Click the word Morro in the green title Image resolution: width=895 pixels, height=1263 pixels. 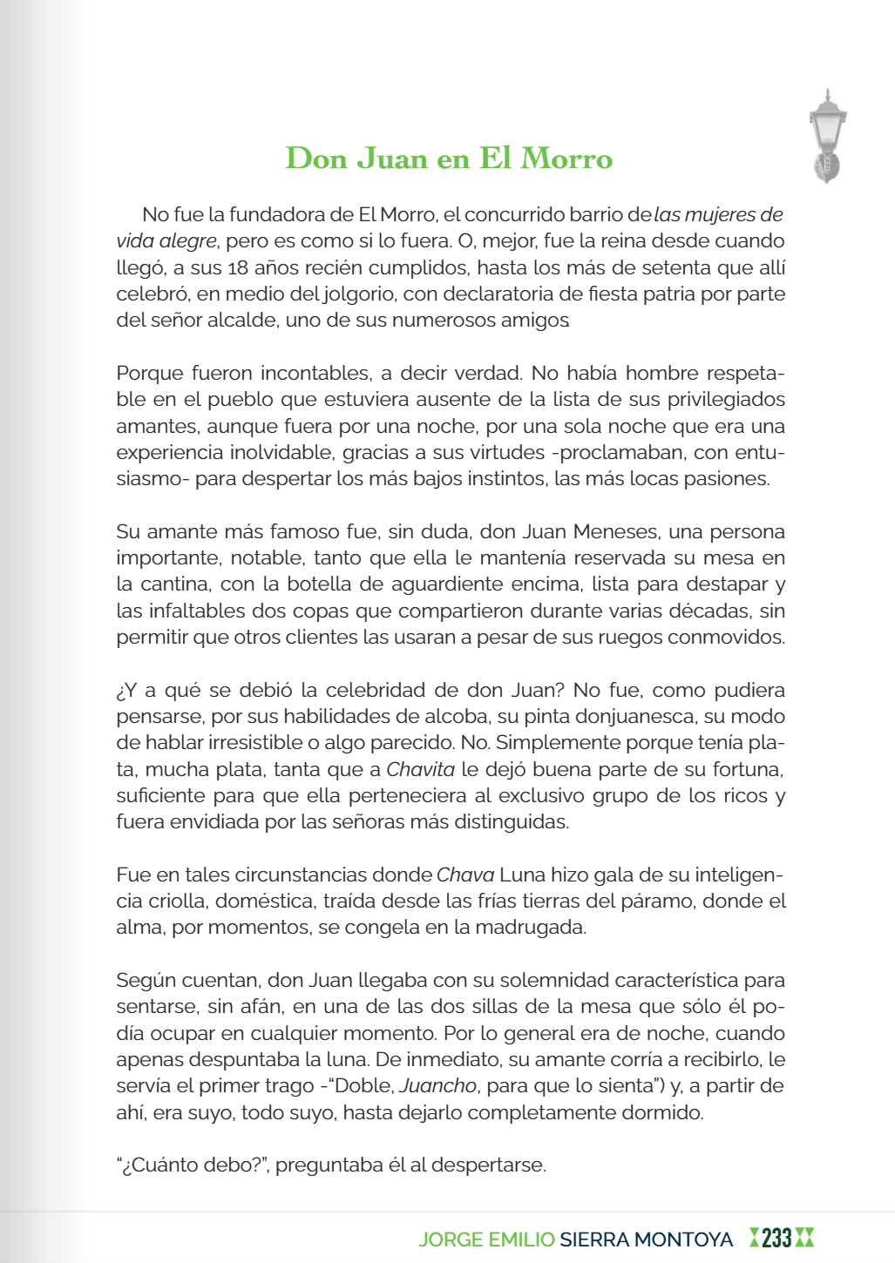point(566,159)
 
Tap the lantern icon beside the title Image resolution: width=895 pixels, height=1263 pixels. point(827,136)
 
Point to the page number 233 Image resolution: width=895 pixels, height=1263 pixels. point(776,1238)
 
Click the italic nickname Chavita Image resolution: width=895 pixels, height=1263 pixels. point(420,769)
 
